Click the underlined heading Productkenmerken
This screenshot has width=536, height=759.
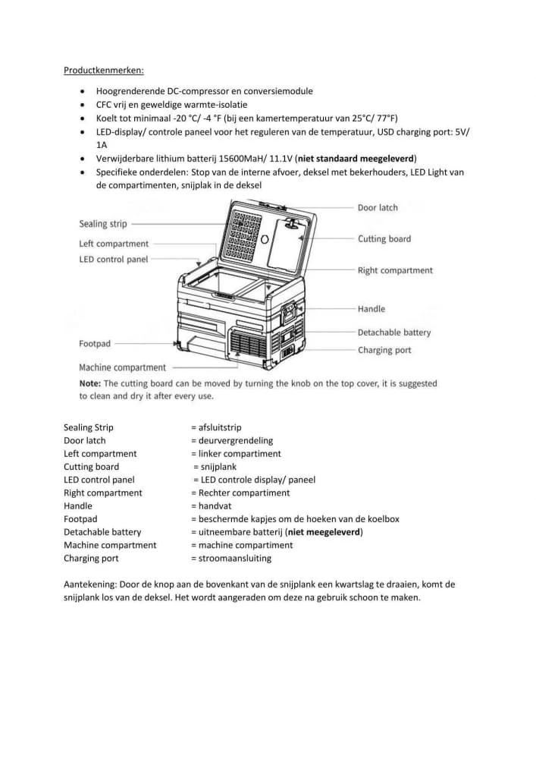pyautogui.click(x=97, y=71)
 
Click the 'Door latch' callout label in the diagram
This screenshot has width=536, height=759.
pyautogui.click(x=377, y=207)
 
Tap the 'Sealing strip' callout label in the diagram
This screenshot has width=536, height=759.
pyautogui.click(x=103, y=224)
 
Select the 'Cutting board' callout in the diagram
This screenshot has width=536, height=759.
pyautogui.click(x=384, y=239)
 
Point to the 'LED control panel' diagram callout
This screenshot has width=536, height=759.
pyautogui.click(x=113, y=259)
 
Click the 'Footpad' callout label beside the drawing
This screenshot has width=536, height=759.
pyautogui.click(x=95, y=344)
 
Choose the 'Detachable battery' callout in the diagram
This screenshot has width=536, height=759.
pyautogui.click(x=393, y=332)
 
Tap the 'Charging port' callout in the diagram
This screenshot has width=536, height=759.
pyautogui.click(x=384, y=350)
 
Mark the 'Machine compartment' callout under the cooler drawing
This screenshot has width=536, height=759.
pyautogui.click(x=122, y=368)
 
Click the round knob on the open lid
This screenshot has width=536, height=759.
pyautogui.click(x=265, y=239)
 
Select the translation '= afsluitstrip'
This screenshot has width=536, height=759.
pyautogui.click(x=216, y=427)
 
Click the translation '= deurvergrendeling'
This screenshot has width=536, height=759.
pyautogui.click(x=231, y=440)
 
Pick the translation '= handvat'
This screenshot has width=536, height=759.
pyautogui.click(x=210, y=505)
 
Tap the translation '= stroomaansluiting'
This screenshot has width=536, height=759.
pyautogui.click(x=230, y=559)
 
